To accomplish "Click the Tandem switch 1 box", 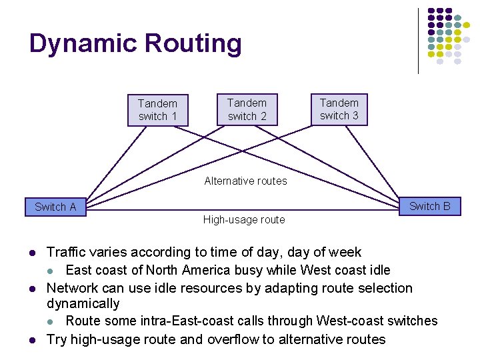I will click(x=158, y=110).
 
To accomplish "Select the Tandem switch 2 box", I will click(x=247, y=109).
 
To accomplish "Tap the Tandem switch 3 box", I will click(x=339, y=109).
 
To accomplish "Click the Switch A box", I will click(x=55, y=207).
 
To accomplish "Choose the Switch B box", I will click(x=429, y=206).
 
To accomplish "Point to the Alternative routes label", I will click(x=245, y=181).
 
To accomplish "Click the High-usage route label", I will click(x=244, y=220).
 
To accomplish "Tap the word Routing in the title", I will click(x=193, y=44).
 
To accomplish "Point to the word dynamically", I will click(x=83, y=303).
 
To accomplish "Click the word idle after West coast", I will click(x=377, y=270).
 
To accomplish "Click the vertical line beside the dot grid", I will click(x=418, y=40).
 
